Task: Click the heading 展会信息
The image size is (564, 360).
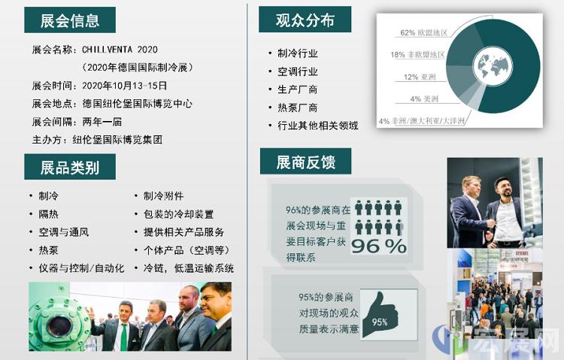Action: click(x=70, y=20)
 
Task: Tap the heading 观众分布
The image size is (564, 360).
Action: click(x=305, y=20)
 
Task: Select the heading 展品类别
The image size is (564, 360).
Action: click(x=70, y=168)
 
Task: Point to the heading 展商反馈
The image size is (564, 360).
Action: click(x=306, y=162)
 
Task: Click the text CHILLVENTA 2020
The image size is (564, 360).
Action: click(x=120, y=50)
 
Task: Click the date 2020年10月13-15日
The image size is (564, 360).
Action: click(x=124, y=86)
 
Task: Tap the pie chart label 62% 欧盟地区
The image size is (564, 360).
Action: click(x=423, y=33)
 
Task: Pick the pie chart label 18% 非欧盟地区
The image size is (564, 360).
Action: click(x=417, y=55)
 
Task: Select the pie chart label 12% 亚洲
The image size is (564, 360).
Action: click(x=420, y=77)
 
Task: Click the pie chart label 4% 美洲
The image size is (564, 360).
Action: click(x=424, y=99)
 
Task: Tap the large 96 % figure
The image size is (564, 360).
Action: click(x=379, y=246)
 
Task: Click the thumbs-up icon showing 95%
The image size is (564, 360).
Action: click(x=381, y=315)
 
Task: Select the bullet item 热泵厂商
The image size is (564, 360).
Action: click(x=297, y=107)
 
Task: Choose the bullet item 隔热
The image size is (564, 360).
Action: click(x=49, y=214)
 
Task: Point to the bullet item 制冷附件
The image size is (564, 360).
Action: click(x=164, y=196)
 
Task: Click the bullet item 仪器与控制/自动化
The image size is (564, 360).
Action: click(x=82, y=268)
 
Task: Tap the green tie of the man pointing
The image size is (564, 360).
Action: click(x=124, y=337)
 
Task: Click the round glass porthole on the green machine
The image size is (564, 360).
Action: click(x=59, y=326)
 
